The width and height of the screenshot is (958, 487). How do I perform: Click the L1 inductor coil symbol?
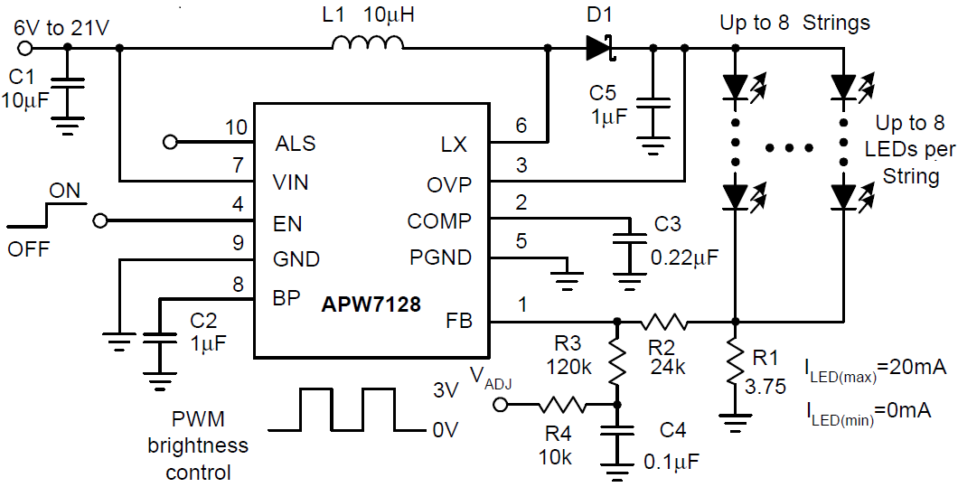click(x=368, y=44)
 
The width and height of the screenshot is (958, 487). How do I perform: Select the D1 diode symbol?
click(x=600, y=47)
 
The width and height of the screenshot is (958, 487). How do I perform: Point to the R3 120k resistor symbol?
click(x=617, y=361)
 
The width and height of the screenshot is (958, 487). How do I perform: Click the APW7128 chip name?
click(x=371, y=304)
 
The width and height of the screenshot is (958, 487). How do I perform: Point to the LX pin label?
click(x=455, y=144)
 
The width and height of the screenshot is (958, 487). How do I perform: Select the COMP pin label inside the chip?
click(x=439, y=221)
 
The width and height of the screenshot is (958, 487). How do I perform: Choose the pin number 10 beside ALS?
click(x=237, y=127)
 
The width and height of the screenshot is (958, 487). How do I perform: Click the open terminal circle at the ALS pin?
click(x=168, y=142)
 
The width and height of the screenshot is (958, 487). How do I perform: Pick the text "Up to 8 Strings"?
click(x=794, y=23)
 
